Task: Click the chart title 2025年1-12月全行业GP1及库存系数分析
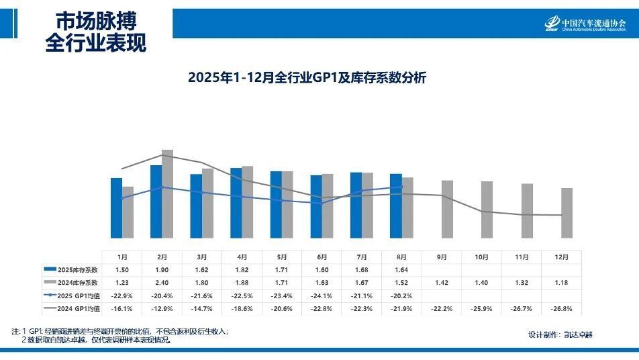coord(307,78)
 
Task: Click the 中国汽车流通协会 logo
coord(585,25)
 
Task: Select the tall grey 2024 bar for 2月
coord(167,193)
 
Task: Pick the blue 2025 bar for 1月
coord(116,208)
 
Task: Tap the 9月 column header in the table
coord(442,257)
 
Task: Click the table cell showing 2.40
coord(162,283)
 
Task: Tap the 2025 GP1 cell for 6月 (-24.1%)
coord(322,296)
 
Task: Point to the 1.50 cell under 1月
coord(122,269)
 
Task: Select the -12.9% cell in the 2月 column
coord(162,308)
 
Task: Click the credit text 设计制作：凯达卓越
coord(560,334)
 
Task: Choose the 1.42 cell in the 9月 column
coord(442,283)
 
